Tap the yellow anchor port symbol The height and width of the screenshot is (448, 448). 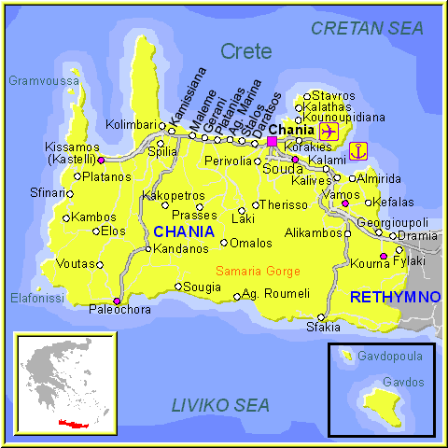click(357, 149)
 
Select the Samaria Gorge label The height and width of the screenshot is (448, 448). click(258, 271)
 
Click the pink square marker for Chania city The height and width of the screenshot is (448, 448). click(272, 142)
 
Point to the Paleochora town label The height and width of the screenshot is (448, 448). click(119, 310)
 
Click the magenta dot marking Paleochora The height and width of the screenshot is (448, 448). click(116, 301)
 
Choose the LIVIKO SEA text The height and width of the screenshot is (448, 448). click(220, 405)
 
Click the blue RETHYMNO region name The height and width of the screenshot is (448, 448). click(395, 297)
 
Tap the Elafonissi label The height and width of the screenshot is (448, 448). click(36, 298)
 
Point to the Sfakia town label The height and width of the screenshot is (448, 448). click(323, 327)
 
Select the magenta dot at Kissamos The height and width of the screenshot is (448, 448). click(101, 160)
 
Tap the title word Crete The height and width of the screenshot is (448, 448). click(246, 51)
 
